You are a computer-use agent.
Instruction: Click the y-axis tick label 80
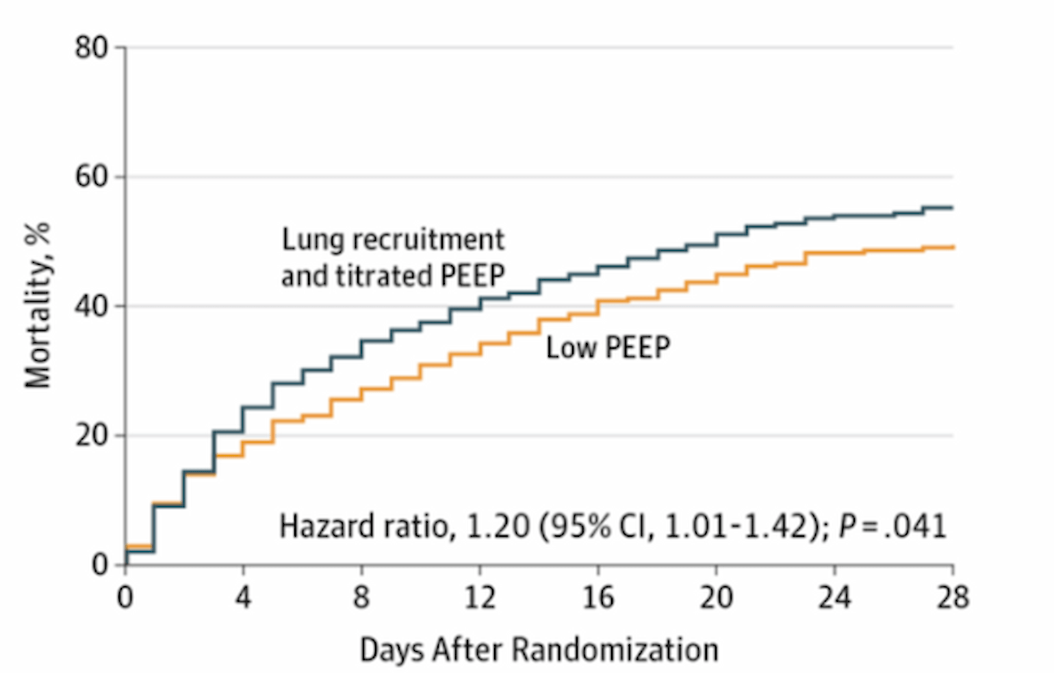click(x=91, y=48)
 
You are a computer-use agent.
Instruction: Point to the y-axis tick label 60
click(x=91, y=177)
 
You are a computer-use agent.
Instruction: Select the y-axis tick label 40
click(x=91, y=306)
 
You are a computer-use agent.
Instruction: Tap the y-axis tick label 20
click(x=91, y=435)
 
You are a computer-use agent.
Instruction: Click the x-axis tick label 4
click(x=243, y=598)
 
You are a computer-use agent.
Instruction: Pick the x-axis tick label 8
click(x=361, y=598)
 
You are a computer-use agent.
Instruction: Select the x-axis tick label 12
click(x=479, y=598)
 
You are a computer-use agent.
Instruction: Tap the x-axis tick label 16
click(x=597, y=598)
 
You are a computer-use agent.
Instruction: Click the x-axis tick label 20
click(x=716, y=598)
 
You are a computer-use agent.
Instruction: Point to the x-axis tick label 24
click(x=834, y=598)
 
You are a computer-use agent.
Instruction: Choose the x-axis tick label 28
click(x=953, y=598)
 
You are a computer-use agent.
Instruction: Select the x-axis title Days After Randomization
click(x=539, y=649)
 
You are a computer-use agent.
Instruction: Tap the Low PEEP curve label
click(x=608, y=348)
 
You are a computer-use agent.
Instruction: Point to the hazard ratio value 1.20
click(x=498, y=526)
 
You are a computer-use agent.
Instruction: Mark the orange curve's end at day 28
click(x=953, y=247)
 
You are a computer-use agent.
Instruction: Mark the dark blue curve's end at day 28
click(x=953, y=207)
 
